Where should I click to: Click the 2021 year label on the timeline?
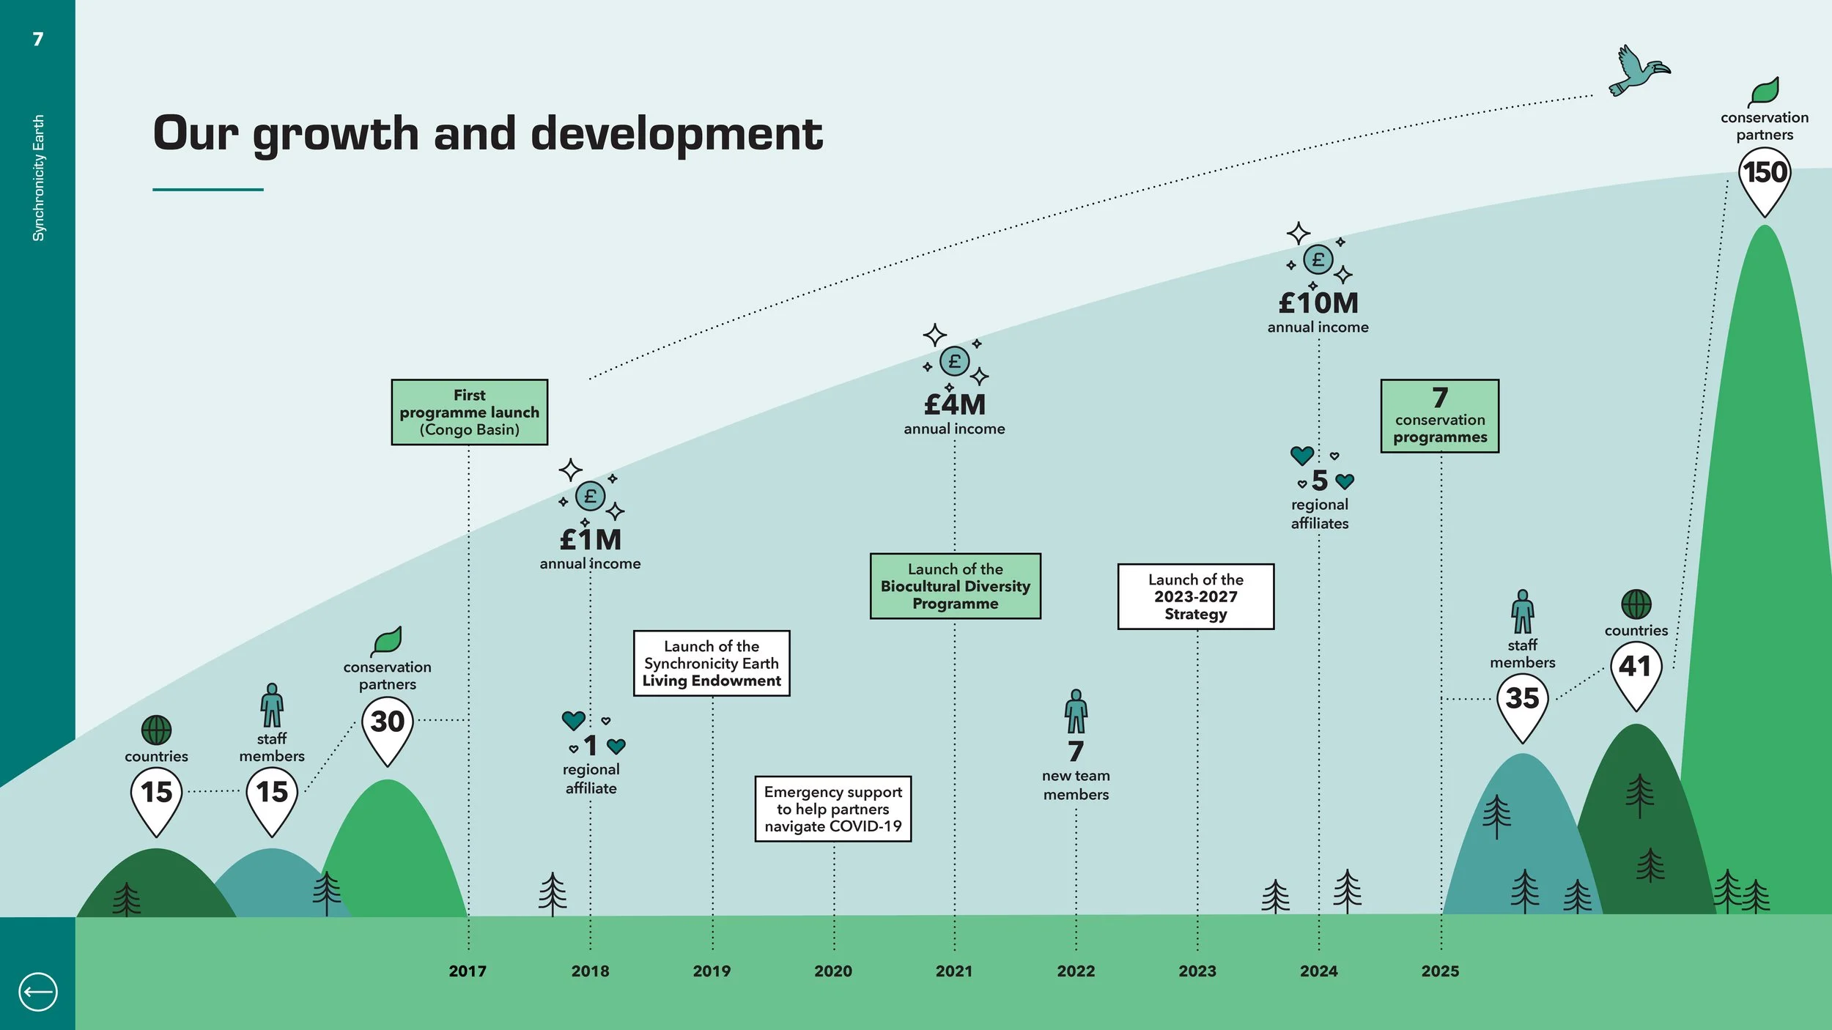click(x=954, y=971)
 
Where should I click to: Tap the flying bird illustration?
click(x=1639, y=70)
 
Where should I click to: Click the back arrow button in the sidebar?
click(x=37, y=992)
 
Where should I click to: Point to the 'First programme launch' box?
click(x=469, y=412)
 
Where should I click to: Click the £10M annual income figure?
click(x=1318, y=303)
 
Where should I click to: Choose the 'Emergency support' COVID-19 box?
click(x=833, y=809)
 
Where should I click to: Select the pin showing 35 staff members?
click(x=1522, y=708)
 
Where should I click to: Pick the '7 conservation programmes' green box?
click(x=1440, y=416)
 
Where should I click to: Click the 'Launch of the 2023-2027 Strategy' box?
click(x=1196, y=596)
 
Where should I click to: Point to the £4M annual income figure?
click(x=955, y=404)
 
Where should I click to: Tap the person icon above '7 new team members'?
click(x=1076, y=711)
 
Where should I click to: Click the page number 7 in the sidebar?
click(x=38, y=39)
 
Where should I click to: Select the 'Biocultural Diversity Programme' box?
click(x=956, y=586)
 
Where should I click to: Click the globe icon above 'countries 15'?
click(x=156, y=730)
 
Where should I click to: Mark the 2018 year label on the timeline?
click(x=590, y=971)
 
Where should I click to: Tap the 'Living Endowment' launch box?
click(x=712, y=663)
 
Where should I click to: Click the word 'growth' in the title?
click(x=336, y=136)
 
